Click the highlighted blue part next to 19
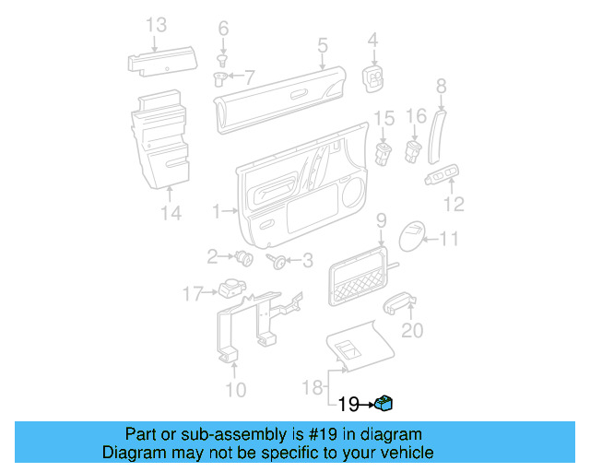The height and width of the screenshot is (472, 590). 385,403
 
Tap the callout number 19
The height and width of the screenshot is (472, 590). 348,404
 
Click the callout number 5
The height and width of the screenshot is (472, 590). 323,44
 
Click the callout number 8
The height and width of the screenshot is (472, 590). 441,86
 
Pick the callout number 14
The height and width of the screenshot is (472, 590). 171,214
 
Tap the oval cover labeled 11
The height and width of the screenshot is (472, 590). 411,239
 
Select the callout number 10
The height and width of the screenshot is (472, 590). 236,390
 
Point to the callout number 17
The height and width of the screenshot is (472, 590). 191,294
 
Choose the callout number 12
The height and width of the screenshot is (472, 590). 454,204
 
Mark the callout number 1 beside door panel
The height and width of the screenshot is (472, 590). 217,212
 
